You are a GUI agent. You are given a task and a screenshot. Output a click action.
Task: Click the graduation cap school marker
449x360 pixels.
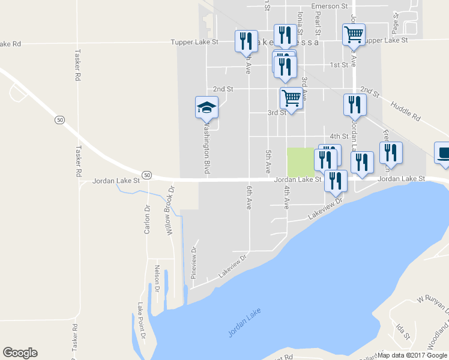[x=206, y=108]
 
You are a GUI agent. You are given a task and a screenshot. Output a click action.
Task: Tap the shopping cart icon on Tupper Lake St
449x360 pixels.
[x=354, y=34]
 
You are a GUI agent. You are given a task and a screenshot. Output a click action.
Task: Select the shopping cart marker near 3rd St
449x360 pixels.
[x=291, y=97]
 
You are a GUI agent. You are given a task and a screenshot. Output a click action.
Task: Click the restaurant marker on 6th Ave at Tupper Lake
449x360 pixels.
[x=246, y=41]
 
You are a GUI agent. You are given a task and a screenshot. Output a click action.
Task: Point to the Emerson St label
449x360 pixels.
[x=328, y=6]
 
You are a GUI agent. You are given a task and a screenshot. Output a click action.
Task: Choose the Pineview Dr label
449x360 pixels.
[x=194, y=262]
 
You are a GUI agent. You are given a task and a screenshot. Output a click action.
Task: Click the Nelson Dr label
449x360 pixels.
[x=157, y=278]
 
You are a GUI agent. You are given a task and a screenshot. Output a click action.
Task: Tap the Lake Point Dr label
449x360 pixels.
[x=142, y=319]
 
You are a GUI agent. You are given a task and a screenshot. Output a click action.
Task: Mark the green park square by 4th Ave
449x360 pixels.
[x=300, y=162]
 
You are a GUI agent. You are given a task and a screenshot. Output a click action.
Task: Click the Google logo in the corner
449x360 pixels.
[x=20, y=353]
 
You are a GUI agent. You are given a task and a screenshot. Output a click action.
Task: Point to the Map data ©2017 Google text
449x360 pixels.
[x=412, y=355]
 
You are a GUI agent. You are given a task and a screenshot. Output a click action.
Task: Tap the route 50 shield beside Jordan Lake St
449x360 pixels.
[x=147, y=175]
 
